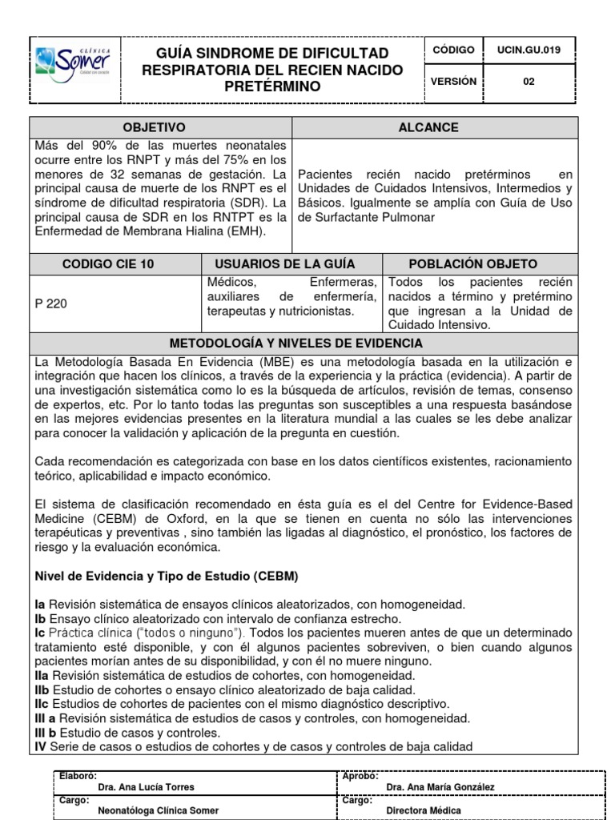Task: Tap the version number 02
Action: point(529,82)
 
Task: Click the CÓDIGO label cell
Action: point(453,50)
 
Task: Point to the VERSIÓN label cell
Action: point(453,82)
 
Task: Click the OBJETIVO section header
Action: point(153,127)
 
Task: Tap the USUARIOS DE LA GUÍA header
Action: point(284,263)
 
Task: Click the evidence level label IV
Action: point(40,747)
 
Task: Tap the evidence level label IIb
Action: point(42,689)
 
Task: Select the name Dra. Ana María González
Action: point(440,787)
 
